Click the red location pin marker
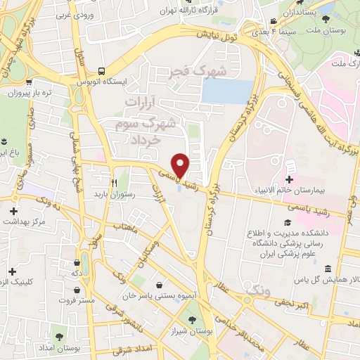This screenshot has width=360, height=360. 181,165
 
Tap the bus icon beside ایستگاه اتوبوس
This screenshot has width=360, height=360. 102,71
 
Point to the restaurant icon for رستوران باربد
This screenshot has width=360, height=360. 112,180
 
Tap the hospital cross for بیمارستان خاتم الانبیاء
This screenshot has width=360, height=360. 289,169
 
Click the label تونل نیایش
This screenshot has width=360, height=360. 231,32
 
